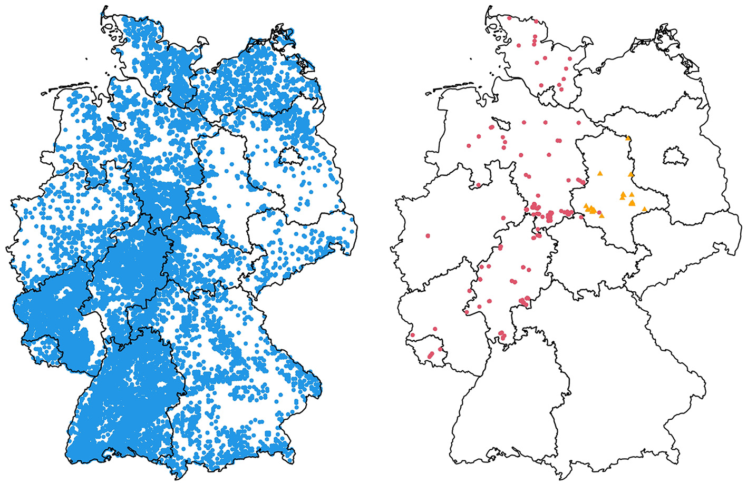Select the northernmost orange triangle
628,139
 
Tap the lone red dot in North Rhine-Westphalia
428,235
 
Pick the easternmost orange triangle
644,209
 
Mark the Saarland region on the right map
424,345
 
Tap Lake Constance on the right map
496,454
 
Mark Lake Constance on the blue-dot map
112,454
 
